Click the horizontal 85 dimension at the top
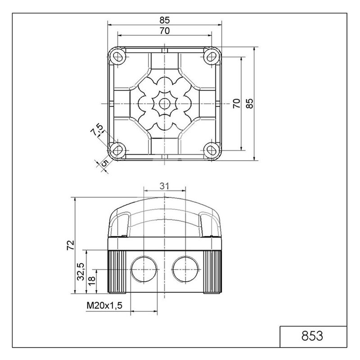165,20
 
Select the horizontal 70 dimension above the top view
165,31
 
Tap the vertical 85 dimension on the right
250,103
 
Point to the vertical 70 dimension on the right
237,103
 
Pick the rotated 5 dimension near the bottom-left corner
105,163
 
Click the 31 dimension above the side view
164,186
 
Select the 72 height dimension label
71,245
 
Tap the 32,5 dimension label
81,272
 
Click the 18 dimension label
91,281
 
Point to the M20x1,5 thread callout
104,306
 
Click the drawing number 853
312,336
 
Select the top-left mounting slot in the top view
118,57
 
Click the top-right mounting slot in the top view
211,57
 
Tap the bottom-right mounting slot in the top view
211,150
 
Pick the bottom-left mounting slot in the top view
118,150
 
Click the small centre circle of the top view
165,103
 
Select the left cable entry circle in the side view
144,269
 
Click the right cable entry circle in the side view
185,269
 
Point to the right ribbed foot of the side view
212,272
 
